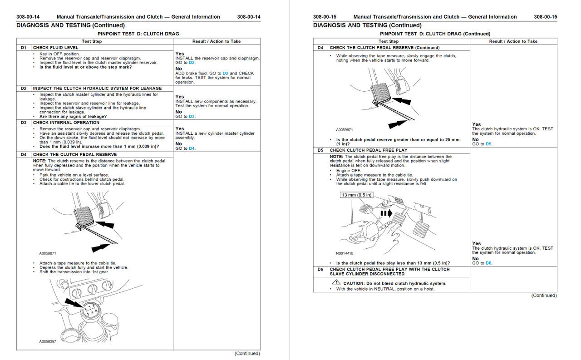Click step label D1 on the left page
24,47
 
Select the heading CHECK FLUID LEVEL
55,47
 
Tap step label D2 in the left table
24,88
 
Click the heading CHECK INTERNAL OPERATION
66,123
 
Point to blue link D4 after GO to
192,148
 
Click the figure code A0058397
47,341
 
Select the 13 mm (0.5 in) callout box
357,195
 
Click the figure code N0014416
345,253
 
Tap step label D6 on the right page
320,269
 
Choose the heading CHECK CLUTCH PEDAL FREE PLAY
369,150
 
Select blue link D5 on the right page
489,144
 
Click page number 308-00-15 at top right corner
546,17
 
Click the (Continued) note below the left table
247,353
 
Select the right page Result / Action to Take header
513,41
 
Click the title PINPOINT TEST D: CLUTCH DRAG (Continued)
435,34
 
